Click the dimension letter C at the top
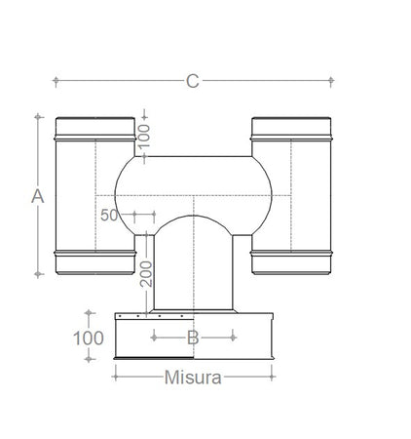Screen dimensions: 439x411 pos(192,81)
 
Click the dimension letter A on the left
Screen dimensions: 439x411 pos(38,196)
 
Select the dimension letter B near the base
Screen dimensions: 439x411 pos(193,338)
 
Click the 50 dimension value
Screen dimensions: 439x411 pos(108,215)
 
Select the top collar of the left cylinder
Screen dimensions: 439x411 pos(94,128)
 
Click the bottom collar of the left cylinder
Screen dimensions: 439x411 pos(94,261)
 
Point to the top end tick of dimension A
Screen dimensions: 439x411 pos(38,116)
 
